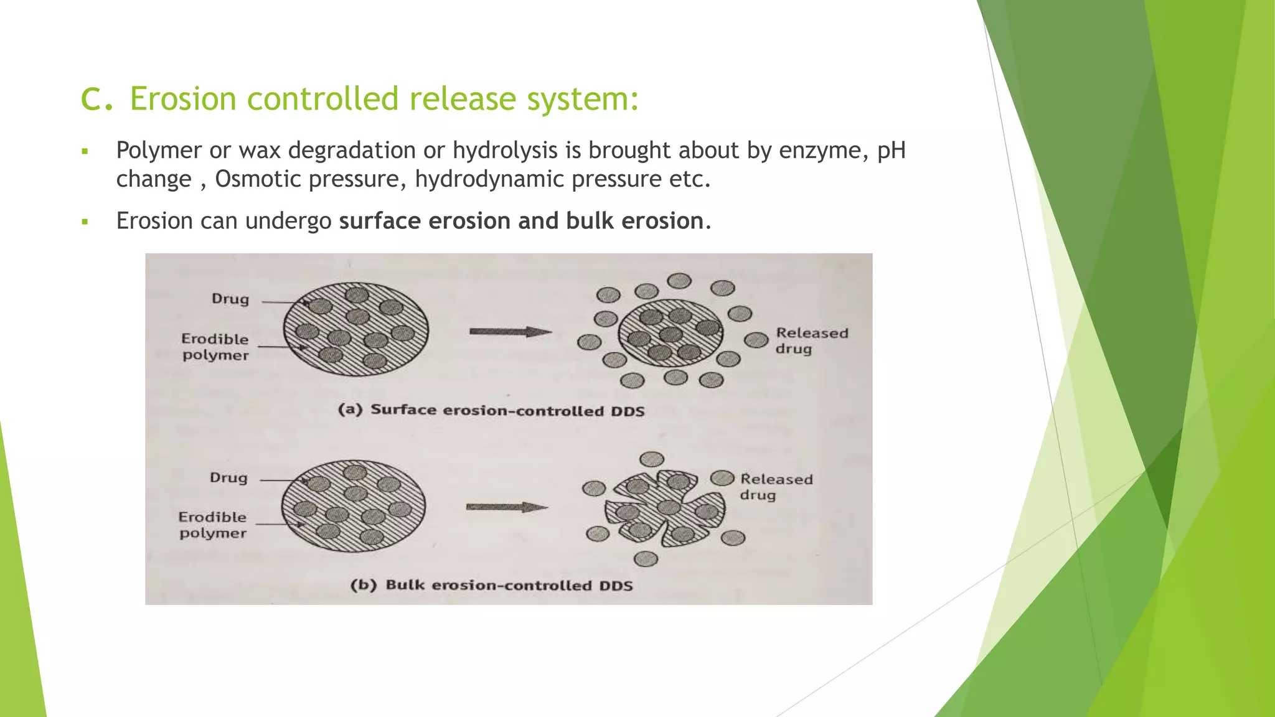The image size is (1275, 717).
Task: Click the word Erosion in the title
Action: (x=182, y=99)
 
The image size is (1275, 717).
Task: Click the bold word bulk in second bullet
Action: (x=590, y=221)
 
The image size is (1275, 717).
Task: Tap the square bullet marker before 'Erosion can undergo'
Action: (x=85, y=222)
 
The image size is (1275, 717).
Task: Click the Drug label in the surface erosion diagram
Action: (x=230, y=299)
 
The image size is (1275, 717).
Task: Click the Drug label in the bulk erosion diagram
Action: (x=228, y=478)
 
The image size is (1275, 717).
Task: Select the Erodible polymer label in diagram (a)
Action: (x=215, y=347)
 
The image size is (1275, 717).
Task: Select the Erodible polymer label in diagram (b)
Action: (x=212, y=525)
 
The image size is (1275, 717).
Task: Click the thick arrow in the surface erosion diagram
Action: (x=510, y=332)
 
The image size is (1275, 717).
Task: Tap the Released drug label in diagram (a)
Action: (x=811, y=341)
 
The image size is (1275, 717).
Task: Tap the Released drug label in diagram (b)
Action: (x=776, y=487)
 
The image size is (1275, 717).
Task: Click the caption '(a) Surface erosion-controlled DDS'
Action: (x=491, y=410)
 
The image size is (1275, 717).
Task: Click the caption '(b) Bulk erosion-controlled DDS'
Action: (x=491, y=586)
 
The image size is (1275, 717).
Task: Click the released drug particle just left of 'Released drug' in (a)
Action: (x=756, y=340)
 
